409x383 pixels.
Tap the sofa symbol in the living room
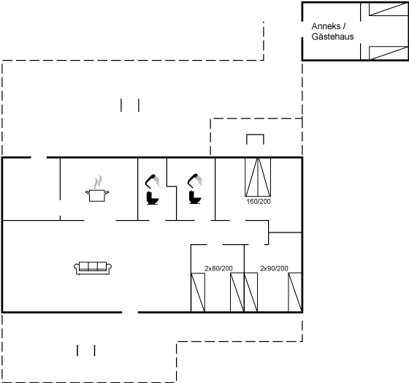pyautogui.click(x=93, y=268)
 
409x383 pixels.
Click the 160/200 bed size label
pyautogui.click(x=259, y=201)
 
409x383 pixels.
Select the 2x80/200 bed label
pyautogui.click(x=218, y=268)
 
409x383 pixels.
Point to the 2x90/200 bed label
pyautogui.click(x=274, y=268)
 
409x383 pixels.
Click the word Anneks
pyautogui.click(x=326, y=26)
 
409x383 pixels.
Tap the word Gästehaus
pyautogui.click(x=332, y=37)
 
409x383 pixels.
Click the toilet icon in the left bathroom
pyautogui.click(x=153, y=198)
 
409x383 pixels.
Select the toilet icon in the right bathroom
pyautogui.click(x=195, y=197)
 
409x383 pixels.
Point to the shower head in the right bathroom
pyautogui.click(x=194, y=180)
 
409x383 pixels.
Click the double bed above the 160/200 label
pyautogui.click(x=258, y=177)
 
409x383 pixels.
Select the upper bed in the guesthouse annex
pyautogui.click(x=389, y=10)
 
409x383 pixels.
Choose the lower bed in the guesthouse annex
pyautogui.click(x=389, y=53)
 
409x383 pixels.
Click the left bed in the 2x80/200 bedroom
pyautogui.click(x=198, y=292)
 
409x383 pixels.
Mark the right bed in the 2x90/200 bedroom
pyautogui.click(x=295, y=292)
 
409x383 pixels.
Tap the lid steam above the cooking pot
pyautogui.click(x=98, y=182)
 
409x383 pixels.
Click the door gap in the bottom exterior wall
pyautogui.click(x=130, y=312)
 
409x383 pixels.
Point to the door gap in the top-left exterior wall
pyautogui.click(x=39, y=157)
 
